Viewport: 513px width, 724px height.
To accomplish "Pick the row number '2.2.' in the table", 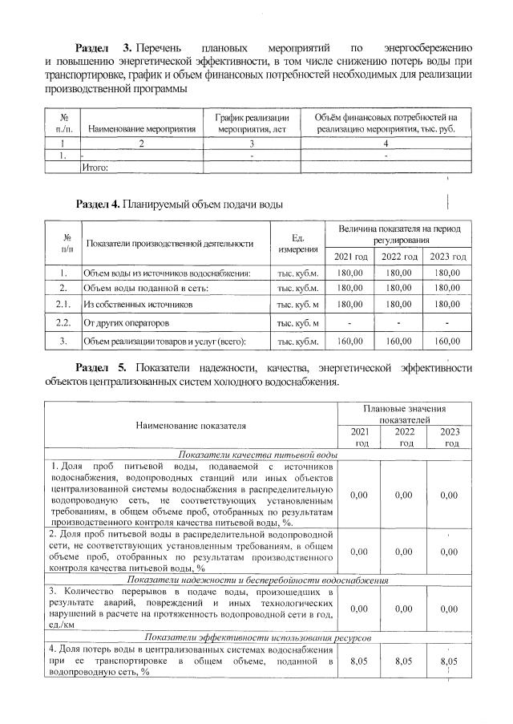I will (x=63, y=323).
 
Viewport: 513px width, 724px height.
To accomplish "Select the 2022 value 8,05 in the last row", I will (x=406, y=661).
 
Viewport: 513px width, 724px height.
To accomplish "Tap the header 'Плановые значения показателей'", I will (x=406, y=415).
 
